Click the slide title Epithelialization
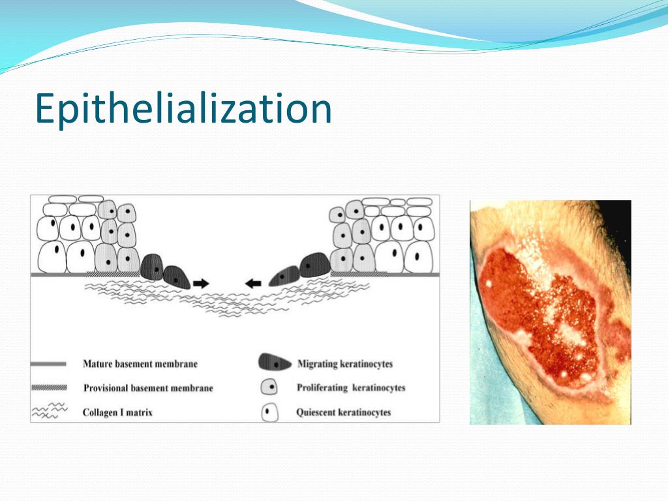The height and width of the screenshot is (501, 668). pos(183,109)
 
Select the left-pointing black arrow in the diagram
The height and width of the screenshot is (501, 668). pos(252,282)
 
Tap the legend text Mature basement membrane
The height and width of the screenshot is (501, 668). pos(140,363)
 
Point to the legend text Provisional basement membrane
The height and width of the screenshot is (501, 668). pos(148,388)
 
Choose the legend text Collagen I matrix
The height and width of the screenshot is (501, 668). pos(117,412)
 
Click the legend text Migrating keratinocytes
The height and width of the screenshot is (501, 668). pos(345,363)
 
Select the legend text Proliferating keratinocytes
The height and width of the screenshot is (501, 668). pos(351,387)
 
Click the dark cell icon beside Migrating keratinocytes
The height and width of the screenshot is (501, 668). pos(272,363)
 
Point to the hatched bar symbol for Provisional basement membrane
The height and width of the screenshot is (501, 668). pos(49,388)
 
